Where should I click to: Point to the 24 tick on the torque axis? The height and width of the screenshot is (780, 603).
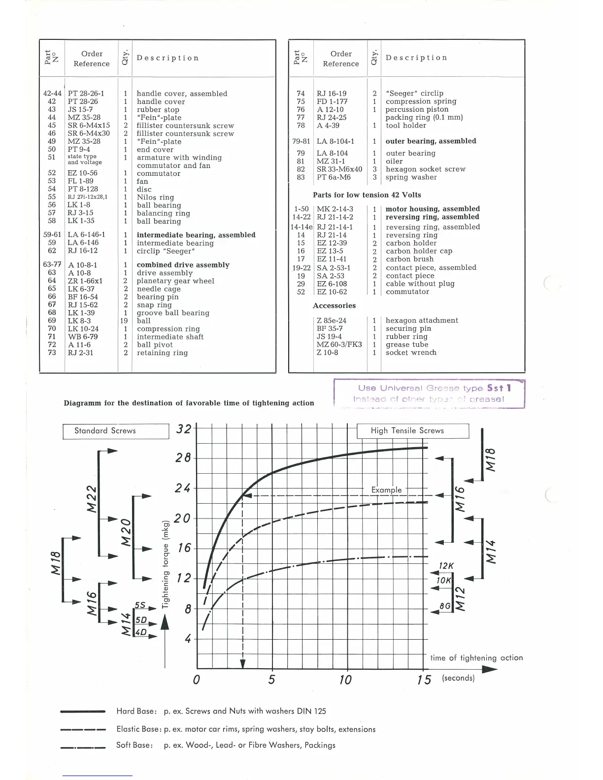[x=183, y=489]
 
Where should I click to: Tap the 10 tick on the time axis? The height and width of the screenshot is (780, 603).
[x=346, y=680]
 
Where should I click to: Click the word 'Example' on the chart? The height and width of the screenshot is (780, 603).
[x=386, y=490]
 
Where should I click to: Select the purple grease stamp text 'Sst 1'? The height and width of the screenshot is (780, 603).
[x=499, y=388]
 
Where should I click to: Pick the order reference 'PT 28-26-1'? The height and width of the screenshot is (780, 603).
[x=86, y=94]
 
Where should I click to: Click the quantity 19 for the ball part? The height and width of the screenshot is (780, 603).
[x=124, y=321]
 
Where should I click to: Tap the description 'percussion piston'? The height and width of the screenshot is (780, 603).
[x=417, y=109]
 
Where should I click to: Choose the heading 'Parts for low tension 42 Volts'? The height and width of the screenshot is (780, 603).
[x=367, y=195]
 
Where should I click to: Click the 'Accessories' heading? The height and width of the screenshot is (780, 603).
[x=334, y=306]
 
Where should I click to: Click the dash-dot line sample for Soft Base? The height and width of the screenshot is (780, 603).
[x=83, y=747]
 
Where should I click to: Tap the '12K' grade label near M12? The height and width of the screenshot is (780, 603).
[x=446, y=566]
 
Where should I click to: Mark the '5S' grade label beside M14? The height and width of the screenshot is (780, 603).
[x=140, y=605]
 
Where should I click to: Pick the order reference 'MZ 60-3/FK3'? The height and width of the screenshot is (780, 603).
[x=339, y=345]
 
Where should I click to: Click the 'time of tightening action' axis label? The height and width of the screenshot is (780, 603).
[x=476, y=658]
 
